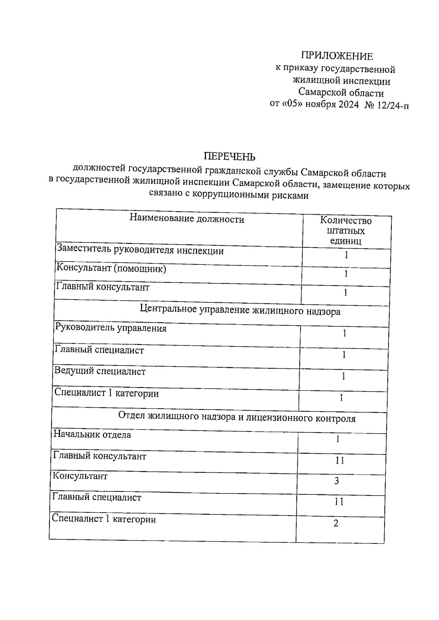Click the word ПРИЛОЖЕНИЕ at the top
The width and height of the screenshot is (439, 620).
[337, 56]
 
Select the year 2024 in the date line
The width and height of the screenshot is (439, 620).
[348, 105]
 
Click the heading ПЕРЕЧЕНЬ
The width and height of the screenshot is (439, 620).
[229, 157]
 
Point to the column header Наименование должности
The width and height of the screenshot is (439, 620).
[187, 219]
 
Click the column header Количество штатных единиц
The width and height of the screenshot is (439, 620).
[346, 231]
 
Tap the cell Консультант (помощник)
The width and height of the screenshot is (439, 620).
[111, 269]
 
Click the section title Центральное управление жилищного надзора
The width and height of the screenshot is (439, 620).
[240, 311]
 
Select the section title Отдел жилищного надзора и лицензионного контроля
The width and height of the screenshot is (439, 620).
[237, 417]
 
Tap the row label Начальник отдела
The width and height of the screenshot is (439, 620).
[92, 435]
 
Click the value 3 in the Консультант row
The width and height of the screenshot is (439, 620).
[337, 481]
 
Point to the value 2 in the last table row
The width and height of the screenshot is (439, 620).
[336, 523]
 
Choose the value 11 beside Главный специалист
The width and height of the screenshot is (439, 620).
[339, 502]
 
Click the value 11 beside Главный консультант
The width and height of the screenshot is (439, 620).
[339, 460]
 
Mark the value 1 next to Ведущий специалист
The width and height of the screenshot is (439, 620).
[343, 376]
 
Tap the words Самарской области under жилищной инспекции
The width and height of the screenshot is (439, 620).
[341, 93]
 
